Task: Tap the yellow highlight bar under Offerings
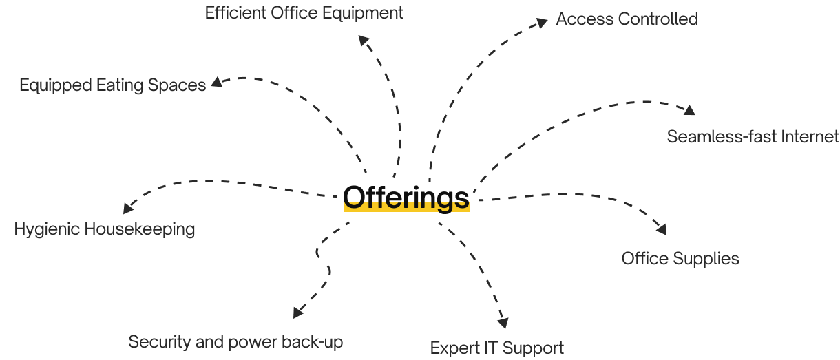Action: point(406,207)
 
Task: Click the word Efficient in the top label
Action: point(235,13)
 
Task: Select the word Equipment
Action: point(363,14)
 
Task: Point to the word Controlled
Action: point(658,19)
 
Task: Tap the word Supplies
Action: point(706,260)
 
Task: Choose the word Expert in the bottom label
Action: point(454,349)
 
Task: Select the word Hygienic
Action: point(47,229)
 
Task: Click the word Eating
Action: point(120,86)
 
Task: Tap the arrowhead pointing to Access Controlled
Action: point(542,23)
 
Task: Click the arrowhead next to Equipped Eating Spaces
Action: point(217,82)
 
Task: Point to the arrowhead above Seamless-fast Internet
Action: point(689,110)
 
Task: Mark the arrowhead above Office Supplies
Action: point(662,229)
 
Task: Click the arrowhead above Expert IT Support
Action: point(503,323)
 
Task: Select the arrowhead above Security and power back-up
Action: point(297,313)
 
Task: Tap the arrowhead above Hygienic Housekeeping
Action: point(128,208)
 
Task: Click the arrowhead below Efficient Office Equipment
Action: point(364,40)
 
